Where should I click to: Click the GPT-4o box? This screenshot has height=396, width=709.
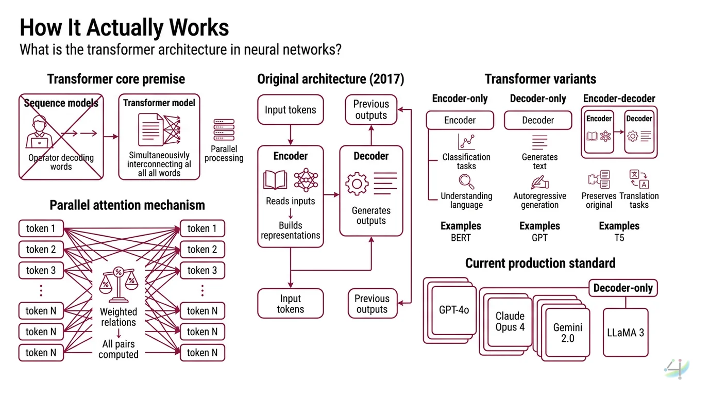pos(454,310)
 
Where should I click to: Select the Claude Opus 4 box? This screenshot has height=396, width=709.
pos(510,321)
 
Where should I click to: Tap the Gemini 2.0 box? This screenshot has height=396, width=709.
pos(567,333)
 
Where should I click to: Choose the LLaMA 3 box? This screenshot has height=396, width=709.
pos(625,333)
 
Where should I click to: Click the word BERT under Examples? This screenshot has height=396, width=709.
pos(460,238)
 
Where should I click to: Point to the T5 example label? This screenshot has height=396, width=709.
pos(619,238)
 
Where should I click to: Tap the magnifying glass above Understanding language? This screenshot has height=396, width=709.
pos(466,182)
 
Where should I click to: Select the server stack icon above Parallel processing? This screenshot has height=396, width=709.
pos(224,131)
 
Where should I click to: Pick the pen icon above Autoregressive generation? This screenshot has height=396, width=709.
pos(539,183)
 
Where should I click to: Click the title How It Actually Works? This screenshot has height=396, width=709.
pos(124,27)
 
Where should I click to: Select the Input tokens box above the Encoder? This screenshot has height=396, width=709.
pos(290,110)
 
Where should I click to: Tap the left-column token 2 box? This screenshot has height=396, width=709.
pos(41,250)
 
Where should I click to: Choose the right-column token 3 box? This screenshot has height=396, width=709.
pos(202,270)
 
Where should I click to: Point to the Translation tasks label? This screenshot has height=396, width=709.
pos(639,200)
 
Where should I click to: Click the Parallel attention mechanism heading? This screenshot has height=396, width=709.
pos(127,205)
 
